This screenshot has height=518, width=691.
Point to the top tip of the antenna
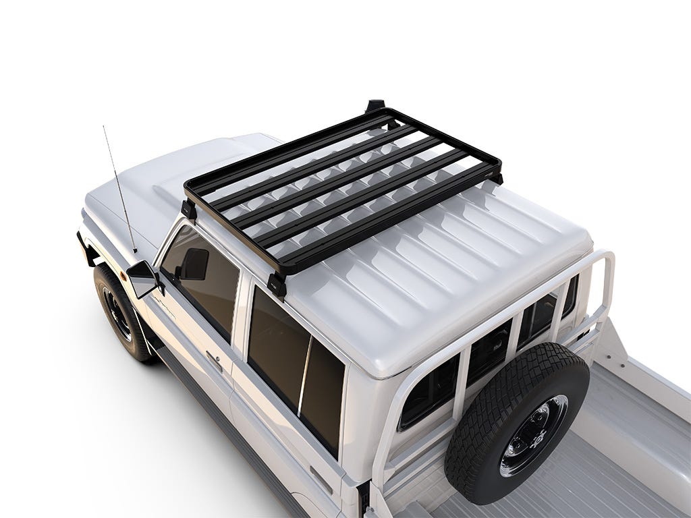[x=104, y=126]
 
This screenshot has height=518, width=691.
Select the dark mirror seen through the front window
[x=194, y=264]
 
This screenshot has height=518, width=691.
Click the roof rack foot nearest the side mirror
[x=190, y=209]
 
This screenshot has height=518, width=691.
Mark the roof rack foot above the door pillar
[x=277, y=284]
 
